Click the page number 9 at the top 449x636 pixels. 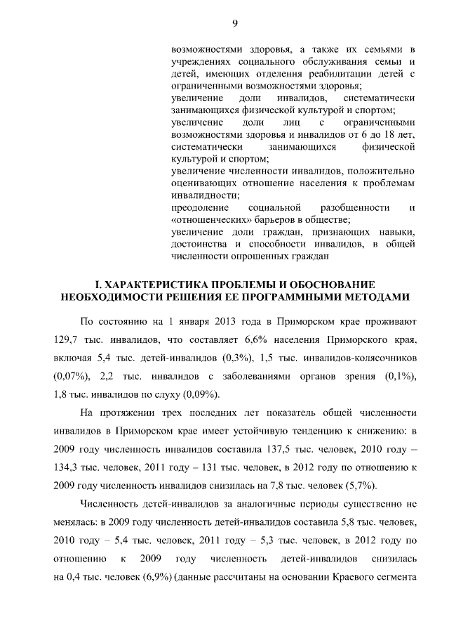[235, 25]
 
